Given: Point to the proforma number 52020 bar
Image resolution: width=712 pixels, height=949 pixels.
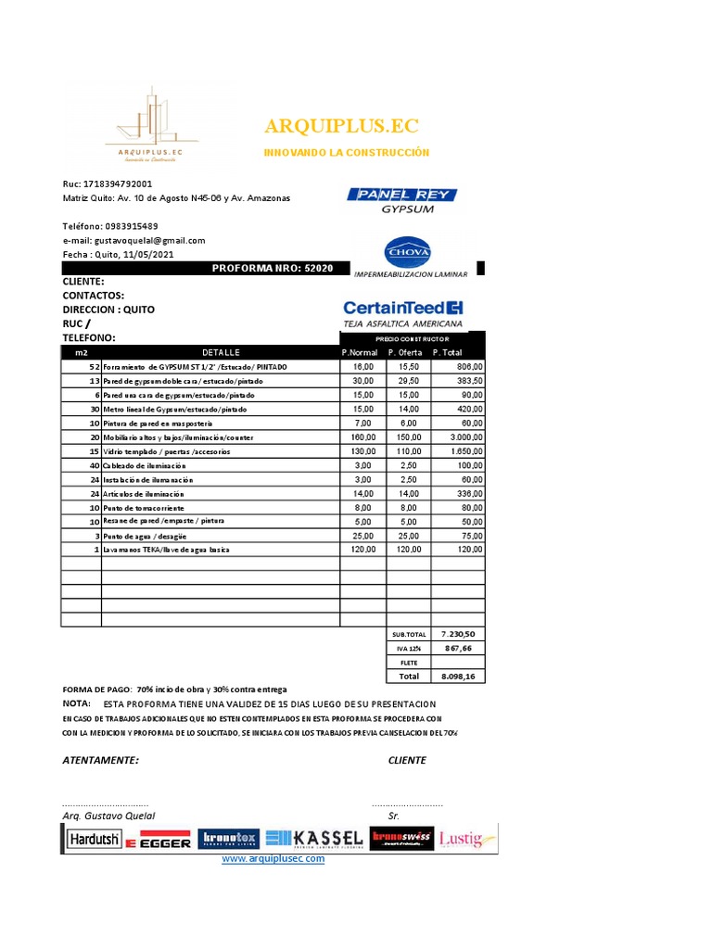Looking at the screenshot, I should pos(273,268).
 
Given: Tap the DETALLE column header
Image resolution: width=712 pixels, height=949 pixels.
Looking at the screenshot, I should pos(221,352).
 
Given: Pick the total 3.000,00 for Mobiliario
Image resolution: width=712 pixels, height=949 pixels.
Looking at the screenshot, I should pos(461,437).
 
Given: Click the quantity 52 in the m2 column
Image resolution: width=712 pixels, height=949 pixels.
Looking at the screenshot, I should pos(93,367).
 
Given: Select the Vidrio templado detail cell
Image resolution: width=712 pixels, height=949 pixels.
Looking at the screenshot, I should pos(167,451).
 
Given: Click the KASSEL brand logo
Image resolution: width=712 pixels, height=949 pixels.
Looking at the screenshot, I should pos(314,838).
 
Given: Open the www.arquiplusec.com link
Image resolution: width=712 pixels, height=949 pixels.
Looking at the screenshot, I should pos(273,859).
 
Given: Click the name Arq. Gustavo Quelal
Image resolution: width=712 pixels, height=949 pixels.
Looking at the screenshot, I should pos(109,816).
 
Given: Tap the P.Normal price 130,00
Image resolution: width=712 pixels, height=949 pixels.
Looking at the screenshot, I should pos(363,451).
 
